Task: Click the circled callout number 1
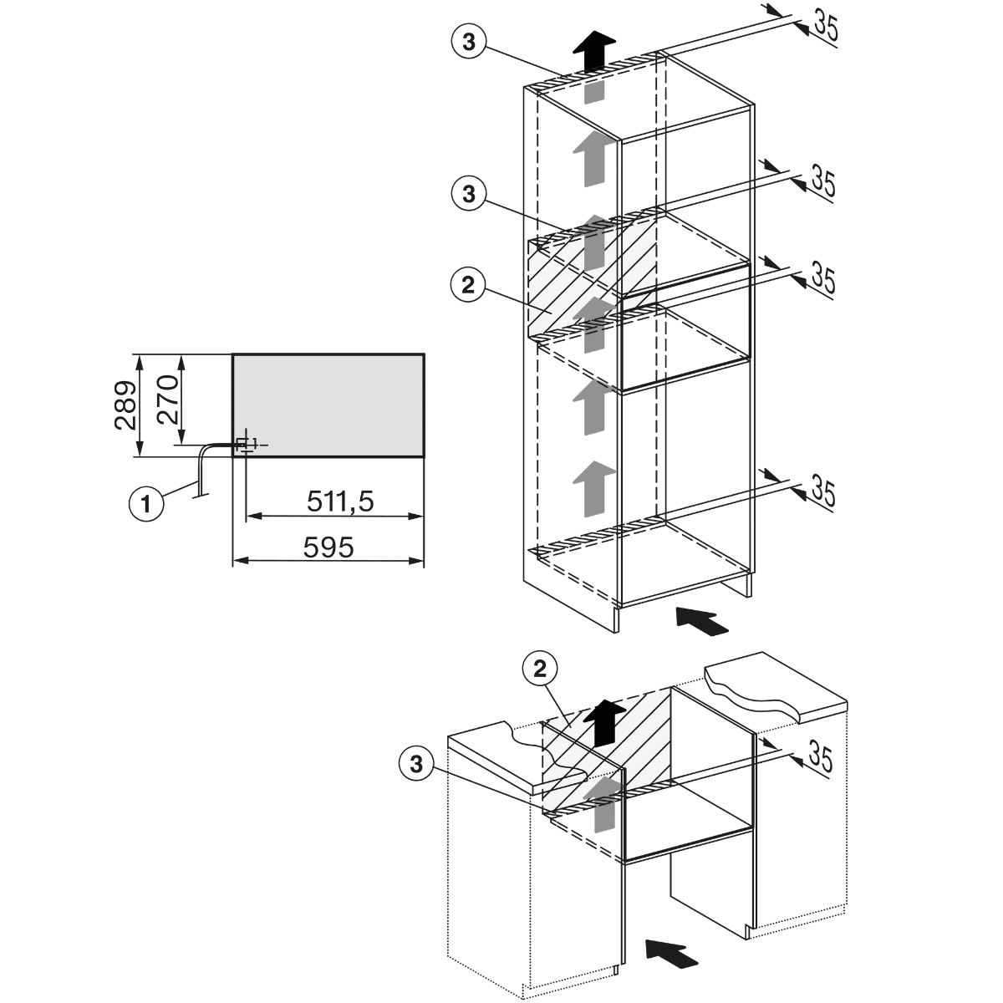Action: click(x=146, y=504)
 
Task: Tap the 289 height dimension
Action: click(x=125, y=405)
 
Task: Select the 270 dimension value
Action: click(x=168, y=400)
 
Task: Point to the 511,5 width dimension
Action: click(x=340, y=501)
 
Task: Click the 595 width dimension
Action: click(x=328, y=547)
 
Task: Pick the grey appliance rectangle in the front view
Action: click(x=328, y=405)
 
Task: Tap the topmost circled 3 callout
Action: click(x=469, y=42)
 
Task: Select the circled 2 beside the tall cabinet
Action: click(x=468, y=285)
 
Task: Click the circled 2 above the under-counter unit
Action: click(x=540, y=669)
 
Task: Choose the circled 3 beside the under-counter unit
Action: click(x=416, y=764)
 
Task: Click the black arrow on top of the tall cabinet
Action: click(x=594, y=50)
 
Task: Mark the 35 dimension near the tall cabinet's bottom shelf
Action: click(x=823, y=491)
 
